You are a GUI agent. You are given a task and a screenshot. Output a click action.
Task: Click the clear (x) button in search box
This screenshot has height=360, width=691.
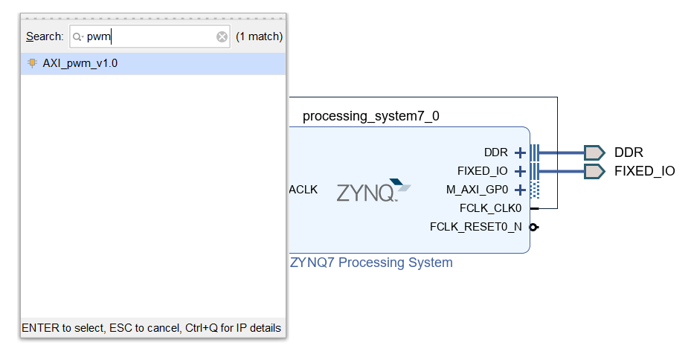(222, 36)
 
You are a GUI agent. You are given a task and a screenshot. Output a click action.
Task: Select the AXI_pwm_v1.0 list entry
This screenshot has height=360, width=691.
(80, 63)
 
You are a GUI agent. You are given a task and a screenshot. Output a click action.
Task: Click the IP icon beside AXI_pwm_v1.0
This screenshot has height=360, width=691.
(32, 63)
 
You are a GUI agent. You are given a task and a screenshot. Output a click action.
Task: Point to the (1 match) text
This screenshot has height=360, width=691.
(259, 36)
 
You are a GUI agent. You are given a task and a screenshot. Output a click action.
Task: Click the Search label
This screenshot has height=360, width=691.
(45, 36)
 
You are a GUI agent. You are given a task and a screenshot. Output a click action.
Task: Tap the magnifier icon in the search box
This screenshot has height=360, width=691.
(77, 36)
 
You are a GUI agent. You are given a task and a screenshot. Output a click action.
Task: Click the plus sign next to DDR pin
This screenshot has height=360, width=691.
(520, 153)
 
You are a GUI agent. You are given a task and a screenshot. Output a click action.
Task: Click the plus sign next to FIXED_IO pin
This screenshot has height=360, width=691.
(520, 171)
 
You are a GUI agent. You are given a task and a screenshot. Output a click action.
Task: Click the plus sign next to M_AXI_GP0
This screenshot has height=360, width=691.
(520, 190)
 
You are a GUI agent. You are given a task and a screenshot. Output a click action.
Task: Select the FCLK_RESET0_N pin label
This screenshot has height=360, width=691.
(476, 226)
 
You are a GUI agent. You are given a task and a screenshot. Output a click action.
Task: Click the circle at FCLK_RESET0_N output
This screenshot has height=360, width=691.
(533, 227)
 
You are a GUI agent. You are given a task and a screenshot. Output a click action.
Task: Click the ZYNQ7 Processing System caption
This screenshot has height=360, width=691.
(371, 263)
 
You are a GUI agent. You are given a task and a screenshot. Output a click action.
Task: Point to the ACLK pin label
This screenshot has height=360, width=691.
(303, 190)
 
